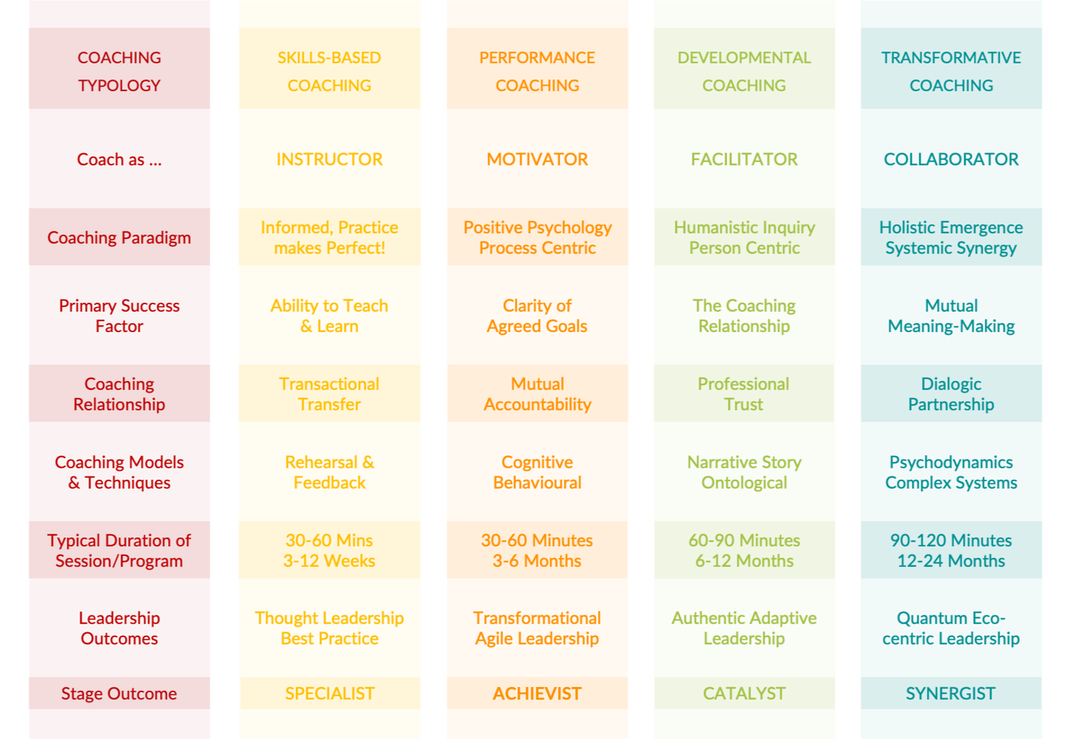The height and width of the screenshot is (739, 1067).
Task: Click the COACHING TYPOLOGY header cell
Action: pyautogui.click(x=119, y=71)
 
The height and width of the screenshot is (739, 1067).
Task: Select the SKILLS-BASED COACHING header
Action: pyautogui.click(x=329, y=71)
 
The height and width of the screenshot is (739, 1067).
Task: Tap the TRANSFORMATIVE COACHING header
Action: pyautogui.click(x=951, y=71)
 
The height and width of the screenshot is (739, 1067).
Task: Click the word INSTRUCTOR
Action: pyautogui.click(x=329, y=159)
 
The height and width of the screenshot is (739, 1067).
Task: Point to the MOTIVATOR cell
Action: pyautogui.click(x=537, y=159)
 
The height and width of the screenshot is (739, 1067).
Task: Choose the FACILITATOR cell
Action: pyautogui.click(x=744, y=159)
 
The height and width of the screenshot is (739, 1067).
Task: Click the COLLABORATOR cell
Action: pyautogui.click(x=951, y=159)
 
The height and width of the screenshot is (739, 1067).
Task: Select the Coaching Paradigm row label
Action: pyautogui.click(x=119, y=238)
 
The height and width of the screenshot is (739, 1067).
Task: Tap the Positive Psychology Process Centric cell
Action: pyautogui.click(x=537, y=238)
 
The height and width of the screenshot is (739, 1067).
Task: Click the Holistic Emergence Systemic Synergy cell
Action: pyautogui.click(x=951, y=238)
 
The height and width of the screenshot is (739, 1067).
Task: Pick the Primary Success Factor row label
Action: pyautogui.click(x=119, y=316)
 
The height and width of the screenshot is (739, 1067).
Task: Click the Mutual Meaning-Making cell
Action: pyautogui.click(x=951, y=316)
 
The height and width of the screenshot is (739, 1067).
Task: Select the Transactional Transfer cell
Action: pyautogui.click(x=329, y=394)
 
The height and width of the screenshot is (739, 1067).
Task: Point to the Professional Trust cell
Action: pyautogui.click(x=744, y=394)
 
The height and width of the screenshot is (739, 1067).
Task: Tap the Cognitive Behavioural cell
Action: pyautogui.click(x=537, y=472)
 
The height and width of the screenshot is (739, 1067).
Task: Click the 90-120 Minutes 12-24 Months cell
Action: pyautogui.click(x=951, y=550)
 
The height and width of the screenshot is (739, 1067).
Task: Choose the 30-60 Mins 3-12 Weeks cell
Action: pyautogui.click(x=329, y=550)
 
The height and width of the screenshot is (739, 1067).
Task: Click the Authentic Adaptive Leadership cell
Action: pyautogui.click(x=744, y=628)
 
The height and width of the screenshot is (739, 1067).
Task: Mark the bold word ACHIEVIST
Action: pyautogui.click(x=537, y=693)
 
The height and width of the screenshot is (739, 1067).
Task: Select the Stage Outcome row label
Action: pyautogui.click(x=119, y=693)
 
